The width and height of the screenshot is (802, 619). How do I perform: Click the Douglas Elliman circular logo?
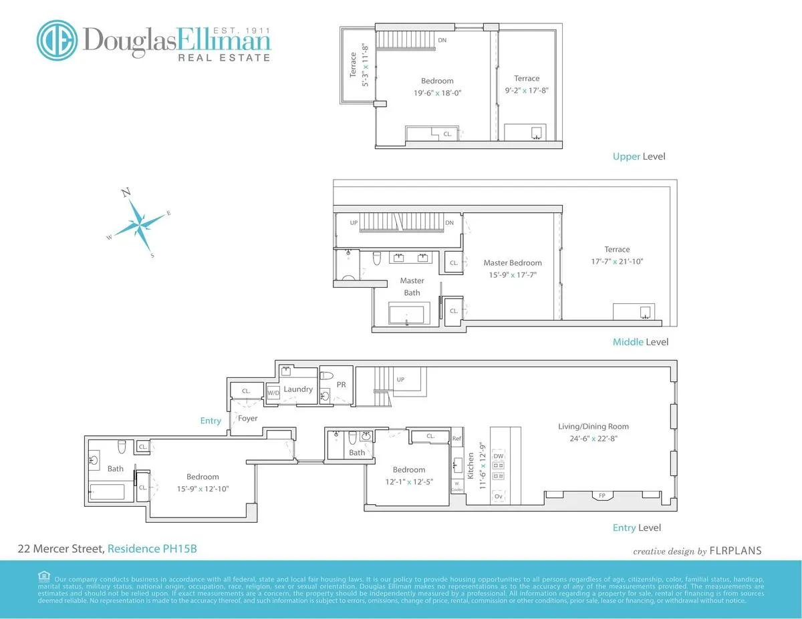[58, 40]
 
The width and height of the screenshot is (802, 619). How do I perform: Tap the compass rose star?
[140, 223]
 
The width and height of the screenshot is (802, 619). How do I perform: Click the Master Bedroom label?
[513, 263]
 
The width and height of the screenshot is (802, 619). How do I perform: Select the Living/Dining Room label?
[593, 427]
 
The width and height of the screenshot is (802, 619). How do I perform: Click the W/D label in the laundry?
[273, 393]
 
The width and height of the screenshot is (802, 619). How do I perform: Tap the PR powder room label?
[342, 385]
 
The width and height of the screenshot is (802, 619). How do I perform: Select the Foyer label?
[248, 419]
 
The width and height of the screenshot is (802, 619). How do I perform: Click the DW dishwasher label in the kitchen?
[499, 456]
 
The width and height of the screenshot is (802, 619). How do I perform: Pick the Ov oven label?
[499, 497]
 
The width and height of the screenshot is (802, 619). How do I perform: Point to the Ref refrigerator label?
[457, 439]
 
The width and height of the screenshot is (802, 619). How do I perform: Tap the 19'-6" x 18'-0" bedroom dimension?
[438, 93]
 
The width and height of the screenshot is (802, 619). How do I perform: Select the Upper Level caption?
[639, 157]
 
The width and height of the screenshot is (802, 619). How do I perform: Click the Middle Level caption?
[640, 342]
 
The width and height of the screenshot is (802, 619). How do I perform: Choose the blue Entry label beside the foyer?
[211, 421]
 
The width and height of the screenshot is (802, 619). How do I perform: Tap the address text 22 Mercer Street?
[60, 549]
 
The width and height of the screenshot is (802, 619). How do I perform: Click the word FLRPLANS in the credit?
[736, 552]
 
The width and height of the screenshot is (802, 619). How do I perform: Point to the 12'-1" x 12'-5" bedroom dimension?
[409, 481]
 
